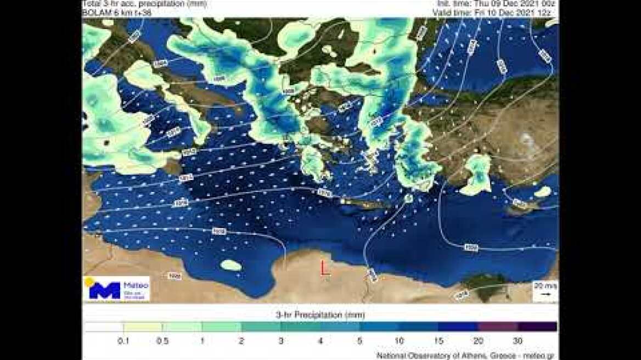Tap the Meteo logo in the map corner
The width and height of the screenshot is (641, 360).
pyautogui.click(x=116, y=289)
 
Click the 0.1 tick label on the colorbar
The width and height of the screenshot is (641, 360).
pyautogui.click(x=123, y=341)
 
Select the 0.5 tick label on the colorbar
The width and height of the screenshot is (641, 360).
pyautogui.click(x=162, y=341)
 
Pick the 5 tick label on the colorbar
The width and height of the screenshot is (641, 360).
pyautogui.click(x=360, y=341)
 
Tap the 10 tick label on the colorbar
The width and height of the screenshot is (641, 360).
pyautogui.click(x=399, y=341)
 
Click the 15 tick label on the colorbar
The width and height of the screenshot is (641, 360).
pyautogui.click(x=438, y=341)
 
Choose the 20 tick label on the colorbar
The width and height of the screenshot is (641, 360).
pyautogui.click(x=478, y=341)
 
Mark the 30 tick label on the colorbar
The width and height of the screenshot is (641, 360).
pyautogui.click(x=518, y=341)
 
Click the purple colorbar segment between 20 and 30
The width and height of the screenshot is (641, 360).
pyautogui.click(x=498, y=327)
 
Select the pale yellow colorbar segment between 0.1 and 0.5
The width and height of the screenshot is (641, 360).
pyautogui.click(x=143, y=327)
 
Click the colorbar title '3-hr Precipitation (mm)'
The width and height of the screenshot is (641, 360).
pyautogui.click(x=320, y=315)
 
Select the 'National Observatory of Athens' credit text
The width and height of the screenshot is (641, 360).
pyautogui.click(x=466, y=356)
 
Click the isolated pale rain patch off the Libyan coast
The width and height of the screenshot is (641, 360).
pyautogui.click(x=231, y=265)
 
